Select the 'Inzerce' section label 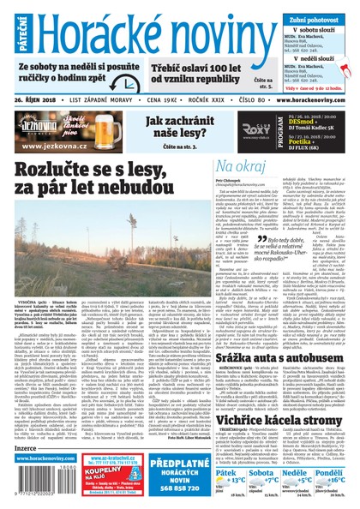[x=24, y=447]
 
